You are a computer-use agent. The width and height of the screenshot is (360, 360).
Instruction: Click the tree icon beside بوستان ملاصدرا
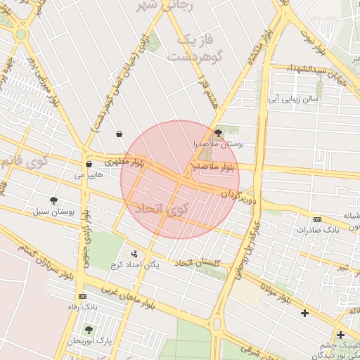click(218, 132)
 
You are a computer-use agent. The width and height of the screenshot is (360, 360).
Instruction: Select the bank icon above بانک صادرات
click(316, 219)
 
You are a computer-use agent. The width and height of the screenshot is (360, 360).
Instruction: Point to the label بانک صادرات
click(318, 230)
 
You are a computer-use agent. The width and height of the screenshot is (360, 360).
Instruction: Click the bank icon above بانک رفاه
click(83, 296)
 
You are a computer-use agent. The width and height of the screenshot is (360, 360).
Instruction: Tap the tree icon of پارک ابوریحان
click(88, 329)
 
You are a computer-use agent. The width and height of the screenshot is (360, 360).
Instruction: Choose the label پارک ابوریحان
click(89, 340)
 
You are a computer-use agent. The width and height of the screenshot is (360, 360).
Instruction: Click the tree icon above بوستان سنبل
click(54, 200)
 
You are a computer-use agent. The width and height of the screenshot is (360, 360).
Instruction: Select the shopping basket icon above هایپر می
click(88, 164)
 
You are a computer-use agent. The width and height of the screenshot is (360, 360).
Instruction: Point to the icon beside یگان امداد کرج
click(134, 254)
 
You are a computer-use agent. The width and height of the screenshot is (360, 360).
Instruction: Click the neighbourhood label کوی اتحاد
click(160, 208)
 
